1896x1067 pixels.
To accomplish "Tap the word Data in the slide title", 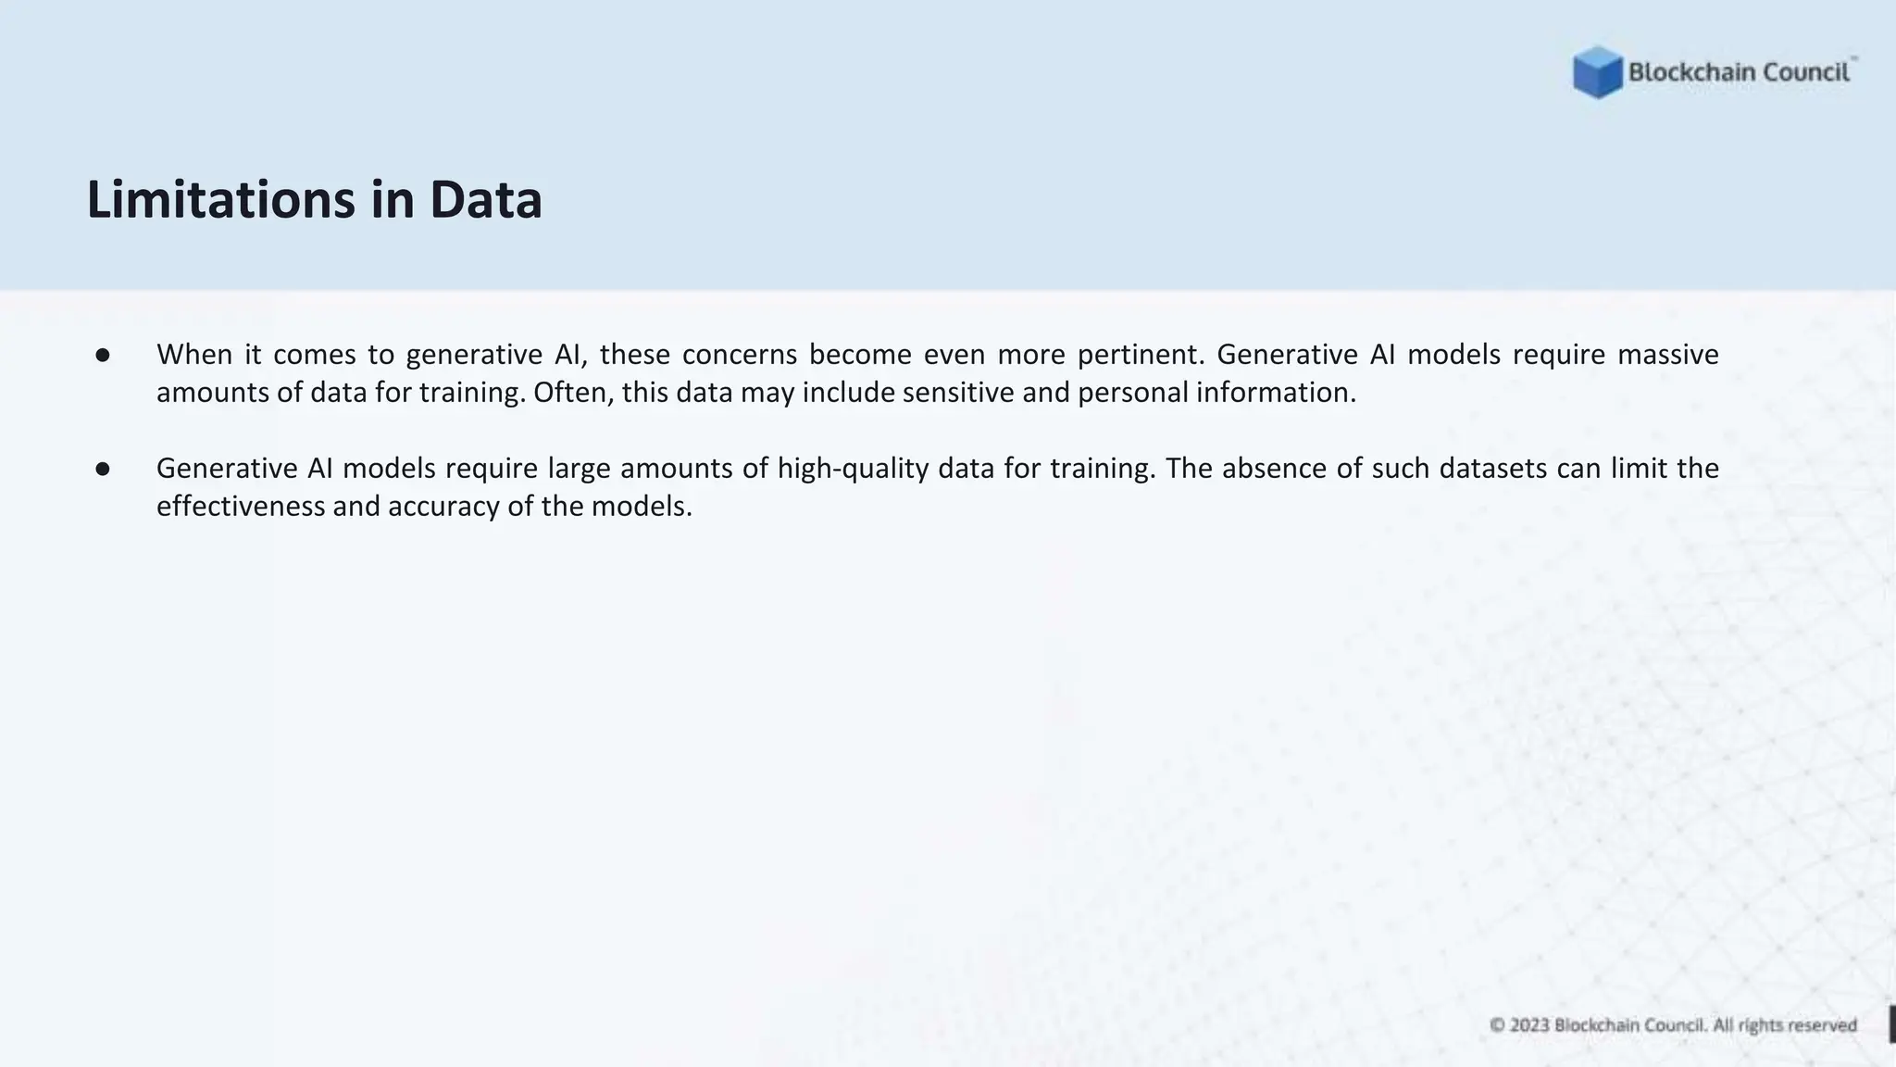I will pyautogui.click(x=485, y=200).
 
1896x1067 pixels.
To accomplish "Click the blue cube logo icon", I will pyautogui.click(x=1597, y=72).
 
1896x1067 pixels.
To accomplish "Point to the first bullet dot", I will pyautogui.click(x=103, y=355).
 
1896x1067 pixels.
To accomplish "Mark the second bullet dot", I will pyautogui.click(x=103, y=469).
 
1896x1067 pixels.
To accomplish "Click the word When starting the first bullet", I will pyautogui.click(x=194, y=355).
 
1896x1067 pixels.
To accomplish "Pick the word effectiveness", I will pyautogui.click(x=241, y=507).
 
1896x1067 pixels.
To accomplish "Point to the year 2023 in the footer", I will pyautogui.click(x=1529, y=1025).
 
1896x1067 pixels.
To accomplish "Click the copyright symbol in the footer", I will pyautogui.click(x=1497, y=1025).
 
